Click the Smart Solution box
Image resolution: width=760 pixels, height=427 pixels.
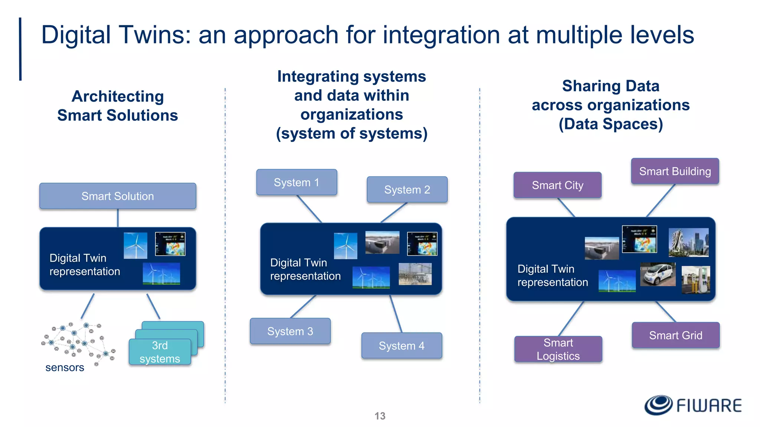pyautogui.click(x=118, y=196)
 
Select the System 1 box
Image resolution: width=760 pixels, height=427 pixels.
pyautogui.click(x=297, y=182)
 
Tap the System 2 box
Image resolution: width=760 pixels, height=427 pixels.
pyautogui.click(x=407, y=190)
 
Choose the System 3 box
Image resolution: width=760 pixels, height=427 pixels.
pyautogui.click(x=290, y=331)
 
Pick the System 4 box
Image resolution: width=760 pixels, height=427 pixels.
pyautogui.click(x=402, y=346)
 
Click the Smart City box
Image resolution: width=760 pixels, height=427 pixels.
pyautogui.click(x=557, y=185)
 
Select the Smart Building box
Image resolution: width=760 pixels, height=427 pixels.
pyautogui.click(x=675, y=171)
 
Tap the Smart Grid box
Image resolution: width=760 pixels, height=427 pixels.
pyautogui.click(x=675, y=335)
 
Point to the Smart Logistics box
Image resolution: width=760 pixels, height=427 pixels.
pyautogui.click(x=558, y=349)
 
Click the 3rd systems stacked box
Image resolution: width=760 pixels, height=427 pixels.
pyautogui.click(x=160, y=352)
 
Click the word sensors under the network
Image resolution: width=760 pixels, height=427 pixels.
pyautogui.click(x=65, y=368)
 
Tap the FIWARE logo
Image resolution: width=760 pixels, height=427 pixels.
pyautogui.click(x=693, y=405)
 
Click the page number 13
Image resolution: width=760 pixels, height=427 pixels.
pyautogui.click(x=380, y=416)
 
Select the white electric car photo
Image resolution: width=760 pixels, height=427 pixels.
pyautogui.click(x=658, y=274)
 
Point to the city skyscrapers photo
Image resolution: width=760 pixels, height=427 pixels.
pyautogui.click(x=688, y=242)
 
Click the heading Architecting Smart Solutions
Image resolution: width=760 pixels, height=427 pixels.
pyautogui.click(x=118, y=106)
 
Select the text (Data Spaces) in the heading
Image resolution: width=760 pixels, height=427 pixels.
pyautogui.click(x=610, y=124)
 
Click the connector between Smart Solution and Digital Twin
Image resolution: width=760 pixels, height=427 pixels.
pyautogui.click(x=118, y=218)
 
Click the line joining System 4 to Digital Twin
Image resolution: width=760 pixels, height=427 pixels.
pyautogui.click(x=396, y=314)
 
